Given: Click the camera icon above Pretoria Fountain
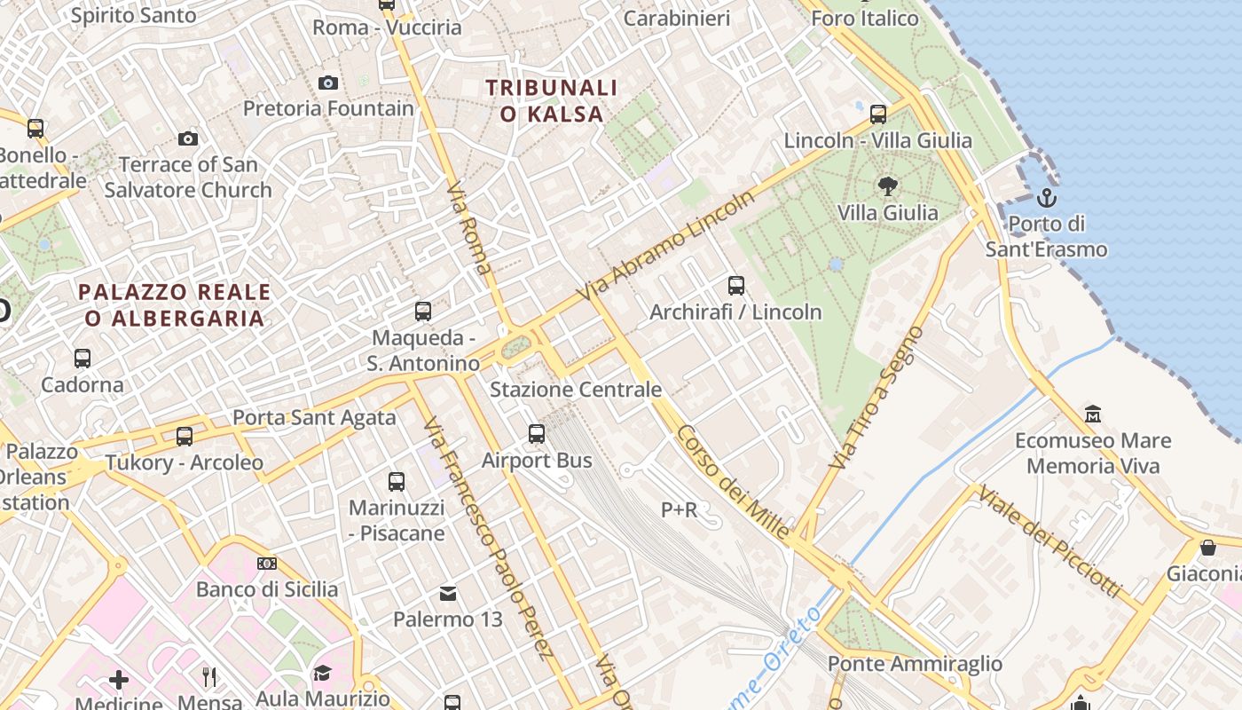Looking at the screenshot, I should (328, 83).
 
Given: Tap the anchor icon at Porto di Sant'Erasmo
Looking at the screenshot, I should (1047, 197).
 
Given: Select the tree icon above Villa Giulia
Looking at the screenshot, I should (886, 186).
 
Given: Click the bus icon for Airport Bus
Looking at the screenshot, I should (537, 434).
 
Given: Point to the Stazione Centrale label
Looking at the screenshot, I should (576, 390).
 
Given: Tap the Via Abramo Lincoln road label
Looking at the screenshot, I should (665, 245).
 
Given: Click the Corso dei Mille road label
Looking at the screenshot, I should (733, 482).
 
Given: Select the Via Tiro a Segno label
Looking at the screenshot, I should (876, 398).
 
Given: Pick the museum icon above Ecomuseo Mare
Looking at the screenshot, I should (1093, 414).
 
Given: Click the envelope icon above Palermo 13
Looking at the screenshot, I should (448, 593).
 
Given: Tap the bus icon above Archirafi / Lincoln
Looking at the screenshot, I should (735, 286).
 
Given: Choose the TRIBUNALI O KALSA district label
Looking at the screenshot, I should (552, 100).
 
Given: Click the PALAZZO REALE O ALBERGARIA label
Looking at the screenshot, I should (174, 304).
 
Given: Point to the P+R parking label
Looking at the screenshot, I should (680, 509).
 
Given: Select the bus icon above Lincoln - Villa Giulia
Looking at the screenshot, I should (878, 114).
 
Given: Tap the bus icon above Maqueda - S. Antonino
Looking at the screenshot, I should (423, 312).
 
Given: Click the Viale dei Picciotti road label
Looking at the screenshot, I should (1049, 541).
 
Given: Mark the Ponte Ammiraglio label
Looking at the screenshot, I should (915, 664).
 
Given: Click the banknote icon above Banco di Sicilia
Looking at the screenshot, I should (267, 564).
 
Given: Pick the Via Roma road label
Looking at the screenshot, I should (470, 230).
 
